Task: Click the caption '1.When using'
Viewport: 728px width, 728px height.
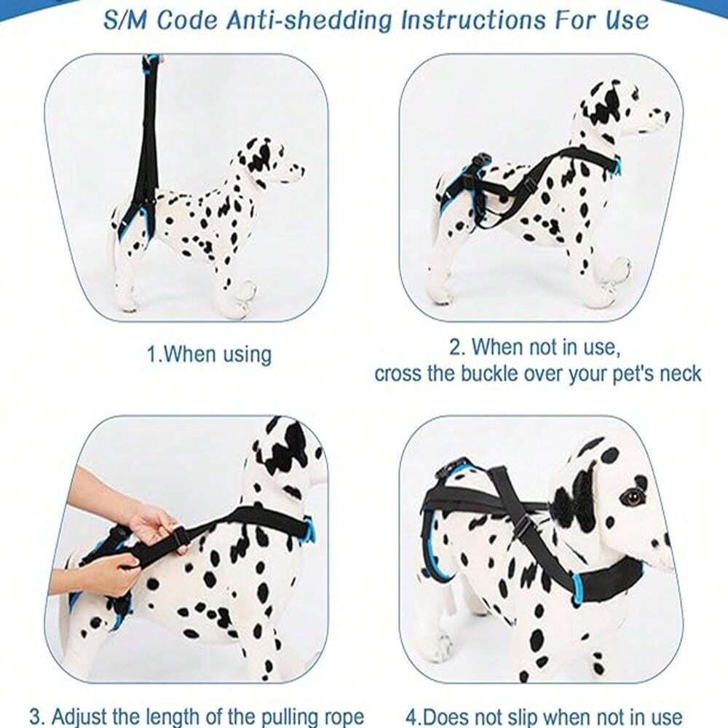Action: pyautogui.click(x=209, y=355)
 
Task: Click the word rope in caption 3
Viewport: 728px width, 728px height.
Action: pyautogui.click(x=337, y=716)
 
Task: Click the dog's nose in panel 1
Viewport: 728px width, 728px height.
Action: pyautogui.click(x=299, y=172)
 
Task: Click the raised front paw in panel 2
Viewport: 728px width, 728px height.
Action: pyautogui.click(x=617, y=271)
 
